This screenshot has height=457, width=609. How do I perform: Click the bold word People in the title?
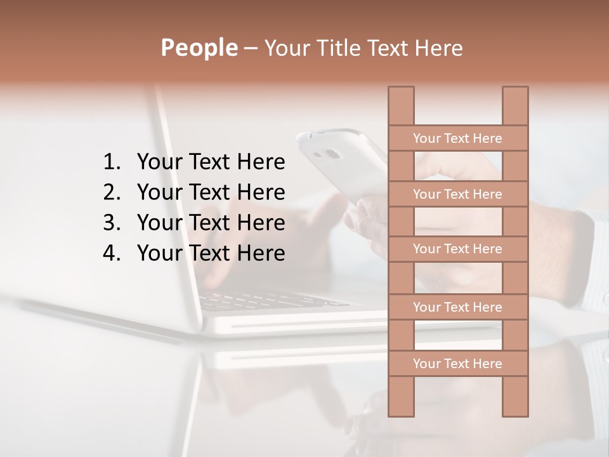point(199,48)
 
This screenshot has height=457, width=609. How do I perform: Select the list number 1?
point(111,162)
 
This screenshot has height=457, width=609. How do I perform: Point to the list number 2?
point(111,192)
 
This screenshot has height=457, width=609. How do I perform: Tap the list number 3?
point(111,223)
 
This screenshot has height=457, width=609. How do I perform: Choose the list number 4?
point(111,253)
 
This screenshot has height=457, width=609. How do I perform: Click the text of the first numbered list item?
point(211,162)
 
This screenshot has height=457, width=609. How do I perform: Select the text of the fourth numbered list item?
point(211,253)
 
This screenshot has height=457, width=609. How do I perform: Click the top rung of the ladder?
point(457,138)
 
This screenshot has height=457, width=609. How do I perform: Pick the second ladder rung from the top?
point(457,194)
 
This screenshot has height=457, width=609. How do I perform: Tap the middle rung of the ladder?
point(457,249)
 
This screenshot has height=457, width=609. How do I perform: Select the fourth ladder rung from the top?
point(457,307)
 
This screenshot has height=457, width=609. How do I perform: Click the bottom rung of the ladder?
point(457,364)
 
